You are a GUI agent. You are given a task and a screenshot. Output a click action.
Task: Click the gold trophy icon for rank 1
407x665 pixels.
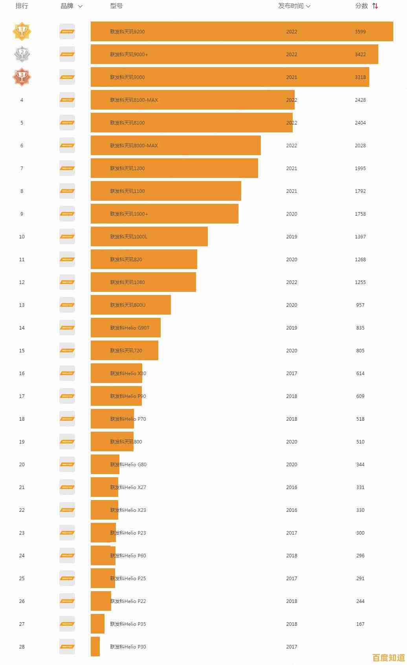pos(22,31)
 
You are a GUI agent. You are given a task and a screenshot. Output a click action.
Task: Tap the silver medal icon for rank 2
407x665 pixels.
pos(22,54)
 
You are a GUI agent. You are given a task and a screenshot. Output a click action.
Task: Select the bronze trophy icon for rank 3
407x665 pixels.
pos(22,77)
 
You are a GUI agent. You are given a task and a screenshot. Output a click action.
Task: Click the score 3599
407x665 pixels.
pos(360,31)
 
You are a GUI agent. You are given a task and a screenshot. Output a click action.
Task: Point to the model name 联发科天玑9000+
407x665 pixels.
pos(129,54)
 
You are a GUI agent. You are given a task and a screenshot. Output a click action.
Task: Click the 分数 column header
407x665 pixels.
pos(361,6)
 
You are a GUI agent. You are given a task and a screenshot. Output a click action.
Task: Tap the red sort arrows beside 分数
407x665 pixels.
pos(375,6)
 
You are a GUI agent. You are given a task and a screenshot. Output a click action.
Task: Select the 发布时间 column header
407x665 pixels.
pos(291,6)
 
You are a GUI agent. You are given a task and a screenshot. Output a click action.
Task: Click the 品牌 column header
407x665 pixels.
pos(67,6)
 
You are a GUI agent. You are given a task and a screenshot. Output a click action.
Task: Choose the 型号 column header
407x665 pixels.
pos(116,6)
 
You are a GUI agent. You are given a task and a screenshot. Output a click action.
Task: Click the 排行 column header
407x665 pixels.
pos(22,6)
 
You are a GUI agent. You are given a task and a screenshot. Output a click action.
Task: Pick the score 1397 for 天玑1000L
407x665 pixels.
pos(360,236)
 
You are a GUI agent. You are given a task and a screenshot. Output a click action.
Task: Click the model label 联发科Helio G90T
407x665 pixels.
pos(130,328)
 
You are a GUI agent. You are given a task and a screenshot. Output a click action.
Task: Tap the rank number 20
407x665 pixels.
pos(22,464)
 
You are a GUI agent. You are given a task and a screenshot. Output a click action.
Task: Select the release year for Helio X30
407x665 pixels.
pos(291,373)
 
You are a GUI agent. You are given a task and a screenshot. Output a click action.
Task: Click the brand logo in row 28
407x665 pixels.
pos(67,647)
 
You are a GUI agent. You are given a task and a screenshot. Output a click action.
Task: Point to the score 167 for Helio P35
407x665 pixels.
pos(360,624)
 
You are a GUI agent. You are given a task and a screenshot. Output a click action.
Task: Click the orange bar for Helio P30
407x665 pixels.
pos(95,647)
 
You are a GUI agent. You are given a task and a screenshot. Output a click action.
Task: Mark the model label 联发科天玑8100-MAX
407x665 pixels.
pos(134,100)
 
